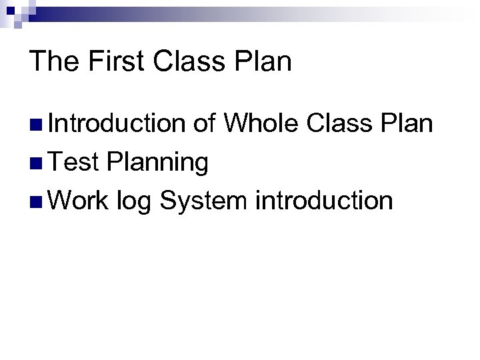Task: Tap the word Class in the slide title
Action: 193,63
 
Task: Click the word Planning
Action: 157,163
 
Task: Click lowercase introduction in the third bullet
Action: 324,199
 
